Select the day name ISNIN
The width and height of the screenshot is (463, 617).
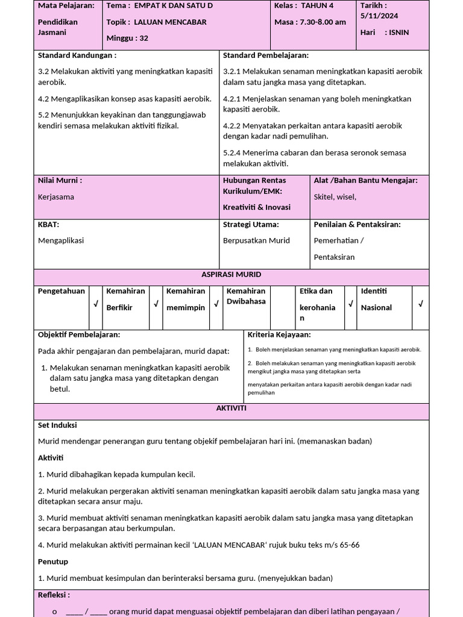tap(400, 33)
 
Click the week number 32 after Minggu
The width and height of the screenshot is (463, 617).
tap(143, 38)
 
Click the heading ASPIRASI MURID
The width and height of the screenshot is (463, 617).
tap(231, 275)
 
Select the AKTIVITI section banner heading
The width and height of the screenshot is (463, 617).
tap(231, 409)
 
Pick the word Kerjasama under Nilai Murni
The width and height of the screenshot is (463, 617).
tap(56, 197)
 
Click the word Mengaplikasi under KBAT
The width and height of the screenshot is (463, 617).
tap(61, 240)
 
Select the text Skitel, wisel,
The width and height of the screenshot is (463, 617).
tap(335, 196)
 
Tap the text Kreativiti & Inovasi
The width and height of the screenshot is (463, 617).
tap(257, 207)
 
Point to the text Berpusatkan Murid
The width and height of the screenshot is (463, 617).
tap(257, 240)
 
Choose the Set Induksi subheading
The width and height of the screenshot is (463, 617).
tap(57, 425)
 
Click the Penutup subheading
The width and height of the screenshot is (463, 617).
tap(53, 562)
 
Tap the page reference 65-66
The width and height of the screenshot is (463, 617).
tap(349, 545)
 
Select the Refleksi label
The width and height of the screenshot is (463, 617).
tap(54, 595)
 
